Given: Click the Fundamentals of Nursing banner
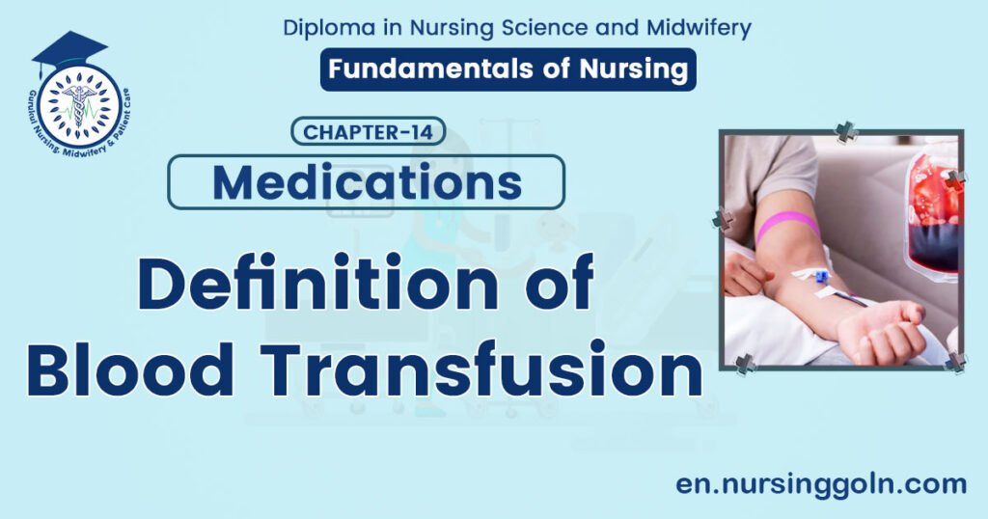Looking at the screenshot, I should click(508, 69).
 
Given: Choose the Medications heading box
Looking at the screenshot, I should click(367, 182).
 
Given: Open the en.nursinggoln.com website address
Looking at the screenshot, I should click(821, 483).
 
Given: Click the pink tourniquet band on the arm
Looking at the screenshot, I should click(786, 227).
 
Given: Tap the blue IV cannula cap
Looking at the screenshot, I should click(821, 278).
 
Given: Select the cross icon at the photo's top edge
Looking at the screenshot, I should click(845, 133).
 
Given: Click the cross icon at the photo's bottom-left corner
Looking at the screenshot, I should click(745, 364).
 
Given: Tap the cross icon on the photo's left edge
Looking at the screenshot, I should click(723, 220).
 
